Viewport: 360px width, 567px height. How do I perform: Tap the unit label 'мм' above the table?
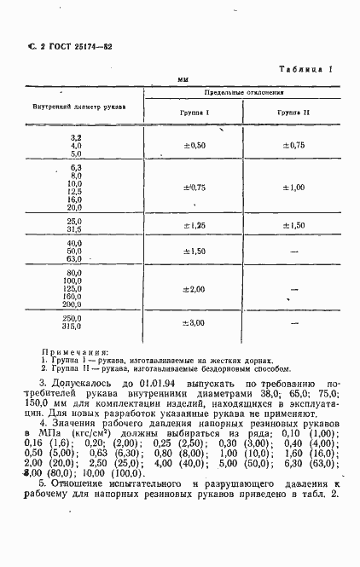click(183, 79)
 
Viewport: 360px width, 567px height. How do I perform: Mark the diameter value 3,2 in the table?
click(76, 137)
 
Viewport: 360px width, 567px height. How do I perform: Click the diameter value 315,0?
click(73, 327)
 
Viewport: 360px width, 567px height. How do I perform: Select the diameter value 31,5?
click(74, 229)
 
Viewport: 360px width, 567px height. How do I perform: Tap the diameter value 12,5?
click(74, 191)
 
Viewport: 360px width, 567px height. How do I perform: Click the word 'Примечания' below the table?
click(75, 351)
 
